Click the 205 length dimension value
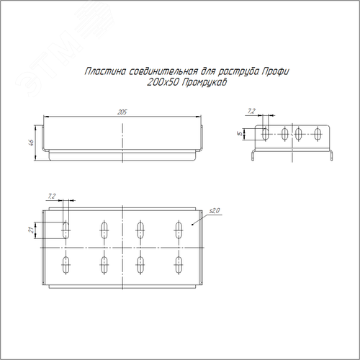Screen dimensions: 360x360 pos(122,112)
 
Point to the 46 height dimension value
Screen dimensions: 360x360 pos(31,143)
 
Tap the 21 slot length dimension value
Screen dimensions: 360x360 pos(31,230)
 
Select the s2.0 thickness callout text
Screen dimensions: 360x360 pos(215,211)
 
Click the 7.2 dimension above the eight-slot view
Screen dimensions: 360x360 pos(52,197)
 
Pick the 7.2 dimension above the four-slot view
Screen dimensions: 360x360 pos(251,111)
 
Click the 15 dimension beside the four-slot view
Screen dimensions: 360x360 pos(239,133)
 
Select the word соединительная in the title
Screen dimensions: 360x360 pos(163,71)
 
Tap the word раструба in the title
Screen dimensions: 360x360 pos(239,72)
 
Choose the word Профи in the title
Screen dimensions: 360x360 pos(276,71)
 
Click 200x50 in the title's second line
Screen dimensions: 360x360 pos(163,83)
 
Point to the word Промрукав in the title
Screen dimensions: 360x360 pos(204,83)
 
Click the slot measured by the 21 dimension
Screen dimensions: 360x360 pos(66,230)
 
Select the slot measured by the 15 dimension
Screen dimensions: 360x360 pos(266,134)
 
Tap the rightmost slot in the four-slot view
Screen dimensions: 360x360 pos(318,134)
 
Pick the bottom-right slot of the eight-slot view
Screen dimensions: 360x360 pos(179,265)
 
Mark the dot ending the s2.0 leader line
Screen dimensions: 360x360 pos(192,225)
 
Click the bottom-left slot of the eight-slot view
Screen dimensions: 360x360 pos(66,265)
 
